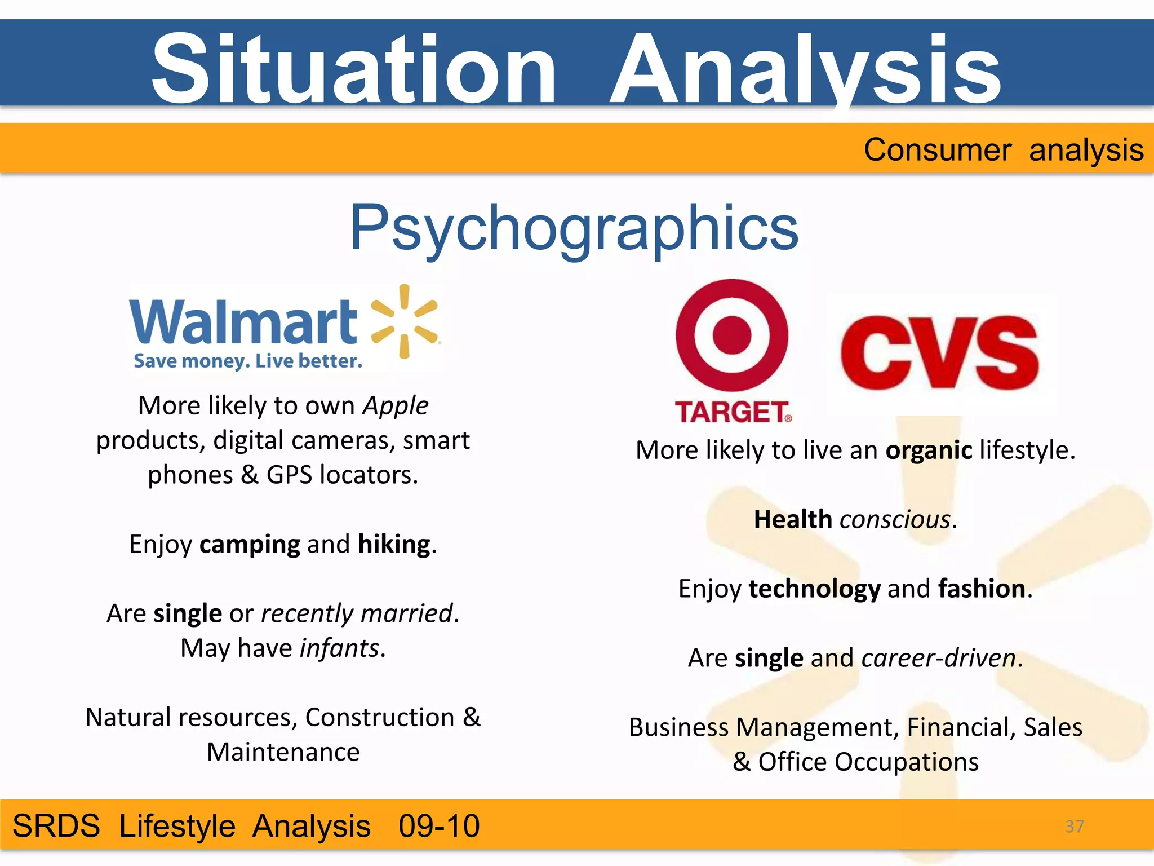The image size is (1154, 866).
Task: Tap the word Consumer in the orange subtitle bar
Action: (937, 150)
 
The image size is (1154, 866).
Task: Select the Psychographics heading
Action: (574, 228)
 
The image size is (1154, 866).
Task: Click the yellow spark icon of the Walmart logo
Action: (405, 321)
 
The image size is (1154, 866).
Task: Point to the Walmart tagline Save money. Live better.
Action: (248, 361)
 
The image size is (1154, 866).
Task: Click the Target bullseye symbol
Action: (731, 335)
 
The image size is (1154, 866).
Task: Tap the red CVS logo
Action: (939, 353)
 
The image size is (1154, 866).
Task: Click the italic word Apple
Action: (396, 405)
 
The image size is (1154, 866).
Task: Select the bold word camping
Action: (250, 544)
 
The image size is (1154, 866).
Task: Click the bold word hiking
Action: (394, 544)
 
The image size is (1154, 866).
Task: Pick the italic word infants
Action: (339, 648)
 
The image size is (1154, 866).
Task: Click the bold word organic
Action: (929, 450)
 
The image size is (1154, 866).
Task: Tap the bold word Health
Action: (793, 519)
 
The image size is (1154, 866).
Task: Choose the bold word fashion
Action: (982, 589)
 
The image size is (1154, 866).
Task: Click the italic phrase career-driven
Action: (939, 658)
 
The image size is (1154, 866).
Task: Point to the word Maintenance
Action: (283, 752)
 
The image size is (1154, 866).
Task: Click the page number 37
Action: (1075, 827)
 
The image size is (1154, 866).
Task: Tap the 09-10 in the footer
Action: (439, 827)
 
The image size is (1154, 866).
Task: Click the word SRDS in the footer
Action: (56, 827)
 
